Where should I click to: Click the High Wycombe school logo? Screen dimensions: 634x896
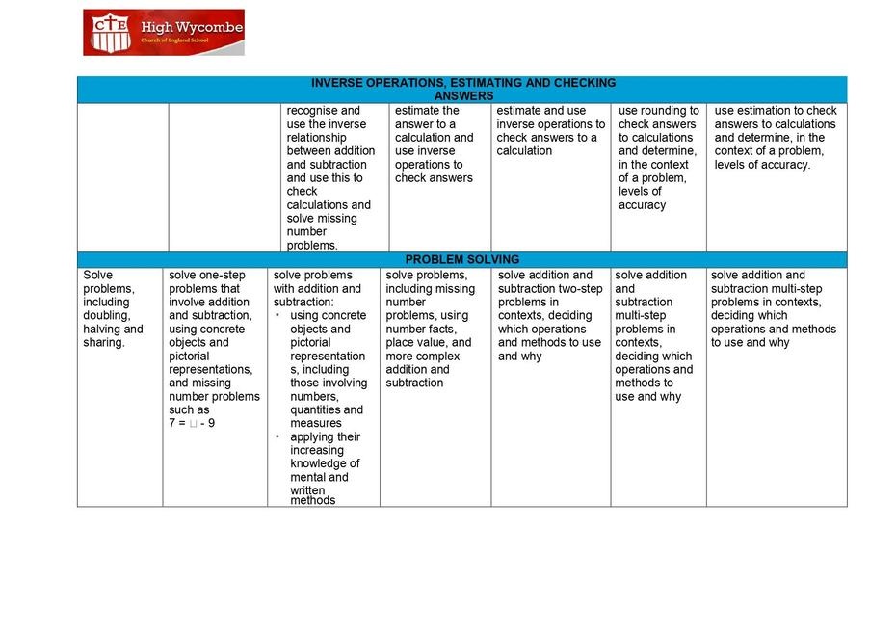(x=163, y=32)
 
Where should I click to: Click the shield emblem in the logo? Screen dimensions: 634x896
(x=108, y=32)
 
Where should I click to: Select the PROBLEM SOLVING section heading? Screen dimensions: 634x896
(x=461, y=260)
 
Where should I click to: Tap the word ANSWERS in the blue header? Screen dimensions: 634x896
(x=463, y=96)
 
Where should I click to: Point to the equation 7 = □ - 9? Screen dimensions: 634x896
(x=192, y=423)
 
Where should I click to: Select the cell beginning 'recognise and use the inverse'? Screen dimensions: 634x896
(x=333, y=177)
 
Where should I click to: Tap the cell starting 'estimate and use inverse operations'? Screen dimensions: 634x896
(x=550, y=131)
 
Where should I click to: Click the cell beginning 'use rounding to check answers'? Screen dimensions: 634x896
(x=658, y=158)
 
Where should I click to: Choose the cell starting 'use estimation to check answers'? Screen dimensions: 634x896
(x=776, y=138)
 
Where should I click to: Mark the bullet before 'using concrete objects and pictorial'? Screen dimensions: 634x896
(x=277, y=315)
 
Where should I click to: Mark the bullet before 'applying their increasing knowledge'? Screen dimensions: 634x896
(x=277, y=436)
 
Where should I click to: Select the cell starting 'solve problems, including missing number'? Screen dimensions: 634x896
(x=433, y=329)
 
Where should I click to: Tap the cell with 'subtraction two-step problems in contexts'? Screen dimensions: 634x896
(x=550, y=315)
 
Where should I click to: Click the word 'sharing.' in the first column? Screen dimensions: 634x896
(x=104, y=342)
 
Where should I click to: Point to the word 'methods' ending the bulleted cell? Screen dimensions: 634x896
(x=313, y=500)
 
